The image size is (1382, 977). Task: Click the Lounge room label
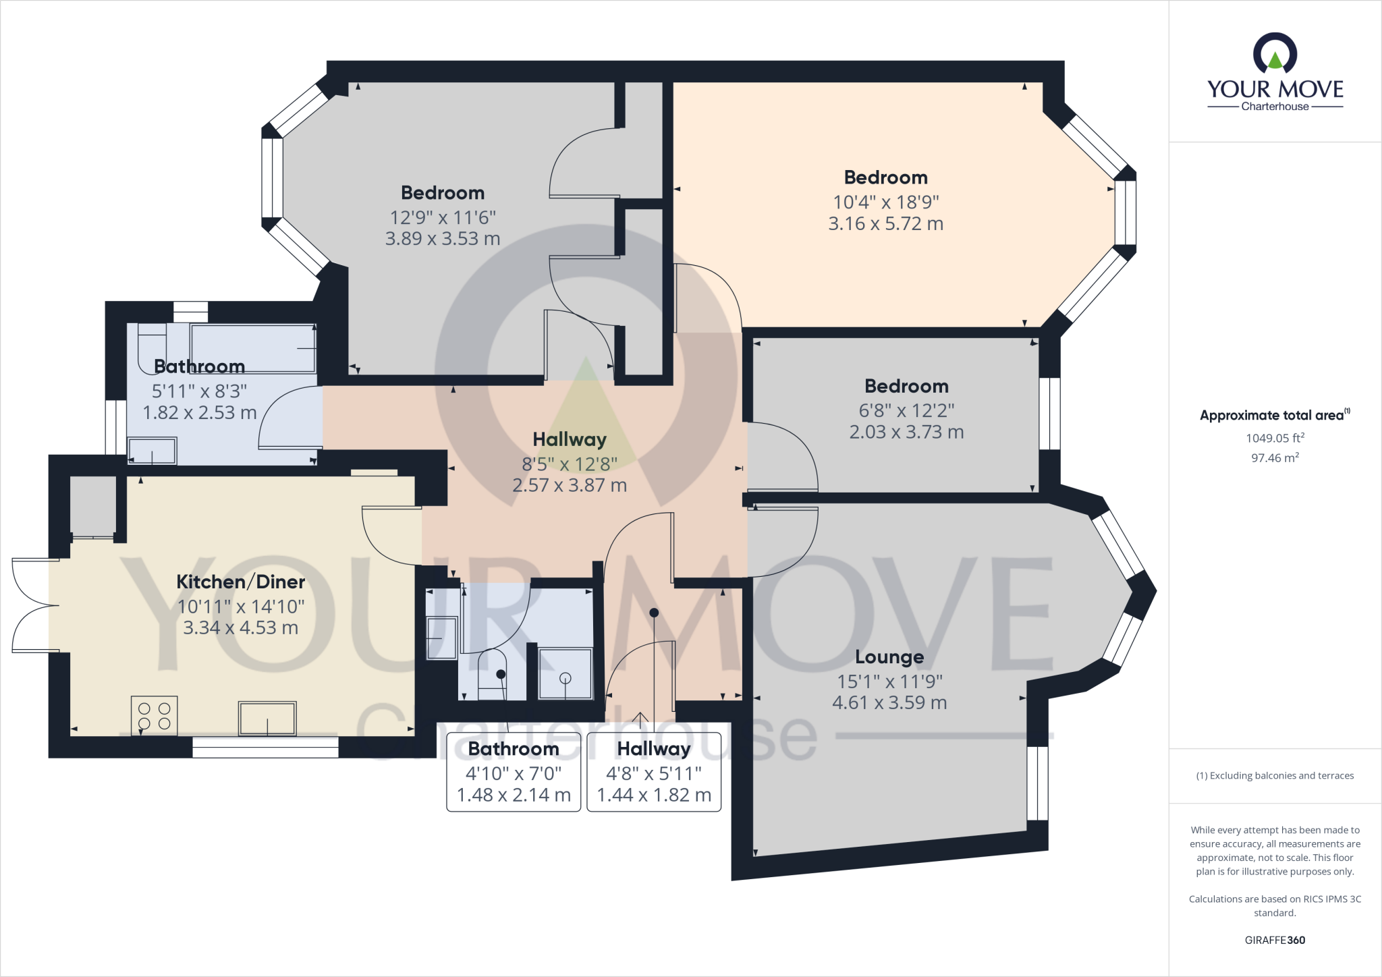[x=889, y=657]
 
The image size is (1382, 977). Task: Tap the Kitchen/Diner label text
[x=241, y=582]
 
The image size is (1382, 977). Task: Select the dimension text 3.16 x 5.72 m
[x=885, y=223]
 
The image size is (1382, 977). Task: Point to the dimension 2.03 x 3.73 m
[x=906, y=432]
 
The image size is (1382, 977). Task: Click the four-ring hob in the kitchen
[x=155, y=716]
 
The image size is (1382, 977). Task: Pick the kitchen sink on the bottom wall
[x=267, y=718]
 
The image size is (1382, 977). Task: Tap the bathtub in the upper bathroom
[x=253, y=347]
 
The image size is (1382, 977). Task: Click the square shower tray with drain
[x=565, y=673]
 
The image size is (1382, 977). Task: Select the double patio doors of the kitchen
[x=30, y=605]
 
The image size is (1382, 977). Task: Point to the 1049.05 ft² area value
[x=1275, y=438]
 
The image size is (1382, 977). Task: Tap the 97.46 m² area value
[x=1275, y=457]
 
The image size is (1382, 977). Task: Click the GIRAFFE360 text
[x=1275, y=940]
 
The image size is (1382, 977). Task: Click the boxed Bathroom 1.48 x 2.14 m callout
[x=514, y=772]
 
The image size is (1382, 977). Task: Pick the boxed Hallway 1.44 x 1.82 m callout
[x=654, y=772]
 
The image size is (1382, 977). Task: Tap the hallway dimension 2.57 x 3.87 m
[x=570, y=485]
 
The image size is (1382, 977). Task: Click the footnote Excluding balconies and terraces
[x=1275, y=775]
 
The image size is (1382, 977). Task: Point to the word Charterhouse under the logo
[x=1275, y=107]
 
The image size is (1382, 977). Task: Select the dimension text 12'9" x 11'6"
[x=443, y=217]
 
